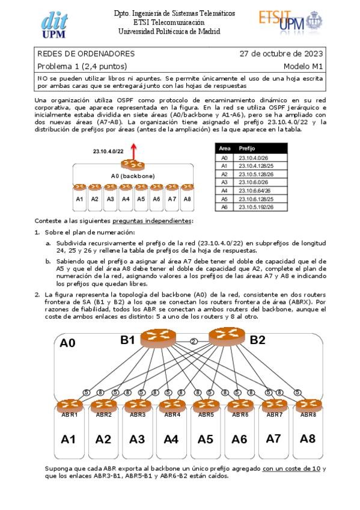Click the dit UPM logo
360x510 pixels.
tap(54, 25)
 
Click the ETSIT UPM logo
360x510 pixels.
tap(290, 21)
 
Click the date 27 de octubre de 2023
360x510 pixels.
tap(281, 54)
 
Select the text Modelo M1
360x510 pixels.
tap(303, 66)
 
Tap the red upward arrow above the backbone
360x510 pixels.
tap(133, 151)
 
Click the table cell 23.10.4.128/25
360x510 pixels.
tap(256, 166)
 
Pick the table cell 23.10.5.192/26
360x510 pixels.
tap(256, 207)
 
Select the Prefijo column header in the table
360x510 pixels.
tap(247, 149)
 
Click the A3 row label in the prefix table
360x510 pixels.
tap(224, 182)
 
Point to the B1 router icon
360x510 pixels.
tap(158, 338)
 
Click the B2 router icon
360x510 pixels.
tap(227, 336)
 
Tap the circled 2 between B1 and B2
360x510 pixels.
tap(194, 342)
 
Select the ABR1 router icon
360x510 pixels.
tap(70, 405)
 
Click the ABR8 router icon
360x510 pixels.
tap(308, 405)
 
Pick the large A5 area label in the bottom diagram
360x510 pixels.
tap(206, 439)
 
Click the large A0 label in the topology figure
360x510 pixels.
tap(67, 343)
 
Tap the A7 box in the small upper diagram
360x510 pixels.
tap(172, 198)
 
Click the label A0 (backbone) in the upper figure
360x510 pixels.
tap(133, 176)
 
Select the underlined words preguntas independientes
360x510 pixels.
tap(151, 221)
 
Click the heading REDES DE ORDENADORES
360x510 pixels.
tap(86, 54)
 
